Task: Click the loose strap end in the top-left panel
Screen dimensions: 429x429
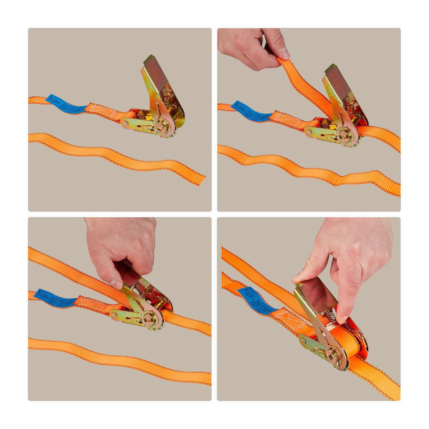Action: coord(197,179)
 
